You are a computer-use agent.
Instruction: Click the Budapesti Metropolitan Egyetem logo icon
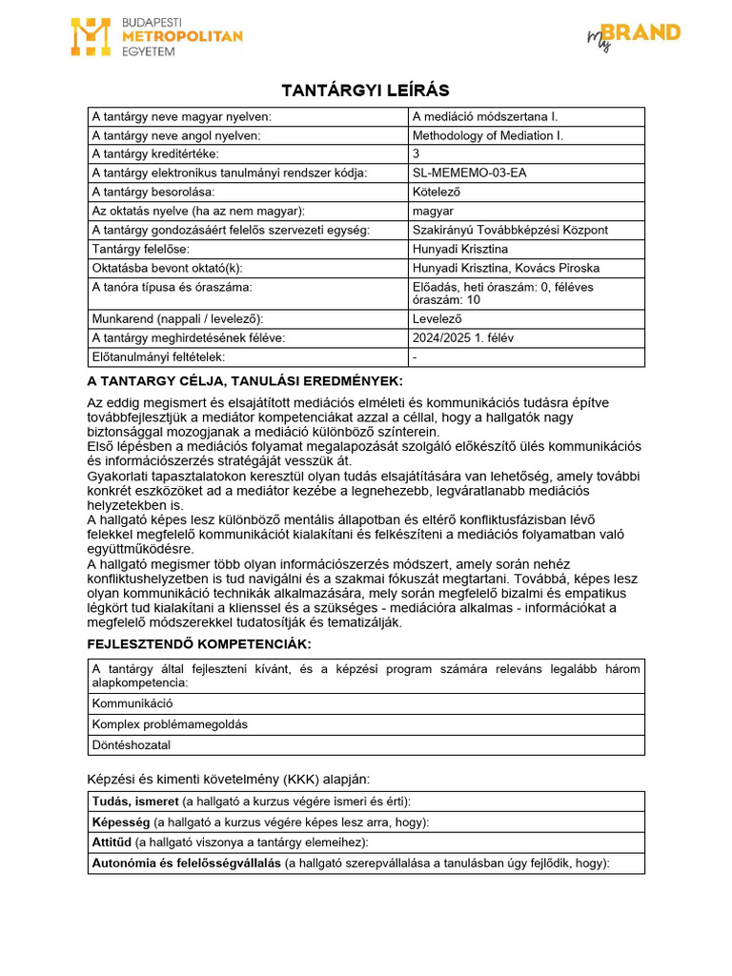(x=91, y=36)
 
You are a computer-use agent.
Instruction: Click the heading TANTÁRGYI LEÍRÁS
(x=366, y=90)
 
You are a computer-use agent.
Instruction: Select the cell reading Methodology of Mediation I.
(x=487, y=135)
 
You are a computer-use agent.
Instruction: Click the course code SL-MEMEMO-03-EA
(x=469, y=173)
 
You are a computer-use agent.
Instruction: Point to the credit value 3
(x=416, y=153)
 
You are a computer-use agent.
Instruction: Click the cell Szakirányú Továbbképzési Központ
(x=509, y=230)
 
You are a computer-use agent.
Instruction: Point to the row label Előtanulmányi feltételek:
(x=157, y=356)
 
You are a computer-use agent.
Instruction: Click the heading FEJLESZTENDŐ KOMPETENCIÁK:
(x=199, y=644)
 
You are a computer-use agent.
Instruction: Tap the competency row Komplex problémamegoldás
(x=169, y=724)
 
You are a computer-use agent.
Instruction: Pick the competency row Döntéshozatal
(x=132, y=745)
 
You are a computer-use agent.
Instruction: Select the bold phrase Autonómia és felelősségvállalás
(x=186, y=863)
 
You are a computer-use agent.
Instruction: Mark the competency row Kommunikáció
(x=132, y=703)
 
